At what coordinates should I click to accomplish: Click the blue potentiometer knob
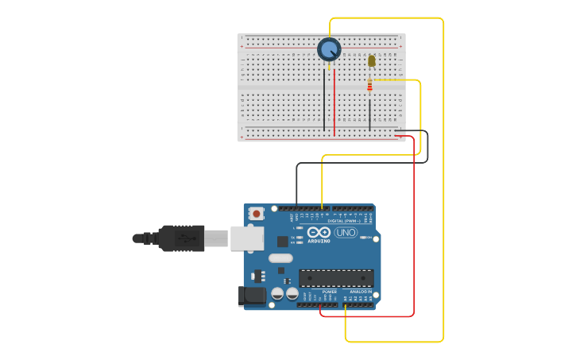pyautogui.click(x=329, y=49)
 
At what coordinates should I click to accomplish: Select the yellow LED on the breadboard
pyautogui.click(x=371, y=60)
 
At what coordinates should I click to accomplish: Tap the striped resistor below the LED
pyautogui.click(x=369, y=86)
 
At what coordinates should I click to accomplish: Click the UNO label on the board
pyautogui.click(x=346, y=233)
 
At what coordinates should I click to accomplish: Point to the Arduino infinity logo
pyautogui.click(x=319, y=232)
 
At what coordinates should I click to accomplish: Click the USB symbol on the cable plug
pyautogui.click(x=184, y=238)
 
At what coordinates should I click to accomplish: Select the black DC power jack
pyautogui.click(x=253, y=296)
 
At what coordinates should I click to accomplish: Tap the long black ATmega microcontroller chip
pyautogui.click(x=336, y=278)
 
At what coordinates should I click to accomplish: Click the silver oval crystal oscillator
pyautogui.click(x=280, y=258)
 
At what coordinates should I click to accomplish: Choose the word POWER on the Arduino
pyautogui.click(x=329, y=292)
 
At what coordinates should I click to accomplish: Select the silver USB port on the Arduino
pyautogui.click(x=246, y=238)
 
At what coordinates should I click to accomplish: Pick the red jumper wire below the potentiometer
pyautogui.click(x=334, y=103)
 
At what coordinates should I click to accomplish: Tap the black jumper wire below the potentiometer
pyautogui.click(x=324, y=103)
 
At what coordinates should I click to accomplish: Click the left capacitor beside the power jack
pyautogui.click(x=277, y=294)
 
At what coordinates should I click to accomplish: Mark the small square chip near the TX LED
pyautogui.click(x=282, y=241)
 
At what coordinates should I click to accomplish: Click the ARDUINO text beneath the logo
pyautogui.click(x=319, y=240)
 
